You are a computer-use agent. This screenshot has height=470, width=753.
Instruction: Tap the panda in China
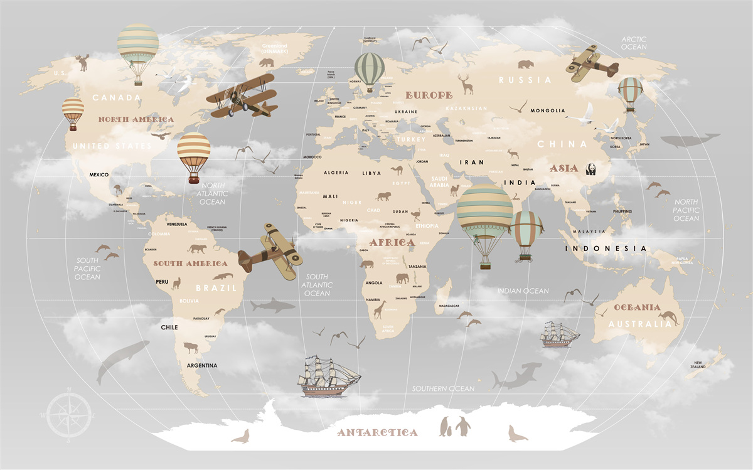(591, 168)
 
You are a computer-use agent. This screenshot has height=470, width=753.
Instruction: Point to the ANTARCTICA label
(377, 432)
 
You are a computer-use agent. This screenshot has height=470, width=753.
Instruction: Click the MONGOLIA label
(548, 111)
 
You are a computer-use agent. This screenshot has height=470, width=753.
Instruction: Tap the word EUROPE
(429, 95)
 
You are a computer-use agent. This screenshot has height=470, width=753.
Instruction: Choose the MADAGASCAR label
(449, 306)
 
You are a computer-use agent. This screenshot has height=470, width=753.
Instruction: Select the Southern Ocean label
(443, 389)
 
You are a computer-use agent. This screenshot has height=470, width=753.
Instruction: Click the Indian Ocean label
(523, 291)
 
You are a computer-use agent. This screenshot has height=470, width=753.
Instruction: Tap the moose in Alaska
(82, 62)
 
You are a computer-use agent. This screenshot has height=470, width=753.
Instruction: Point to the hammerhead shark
(516, 375)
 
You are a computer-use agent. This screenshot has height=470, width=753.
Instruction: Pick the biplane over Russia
(592, 63)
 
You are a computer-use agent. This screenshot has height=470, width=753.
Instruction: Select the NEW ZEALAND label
(698, 364)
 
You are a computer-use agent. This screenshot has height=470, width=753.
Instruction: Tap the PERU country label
(163, 282)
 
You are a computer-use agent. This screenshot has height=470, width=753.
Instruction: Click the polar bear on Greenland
(267, 63)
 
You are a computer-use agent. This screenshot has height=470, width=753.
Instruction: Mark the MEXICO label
(99, 174)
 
